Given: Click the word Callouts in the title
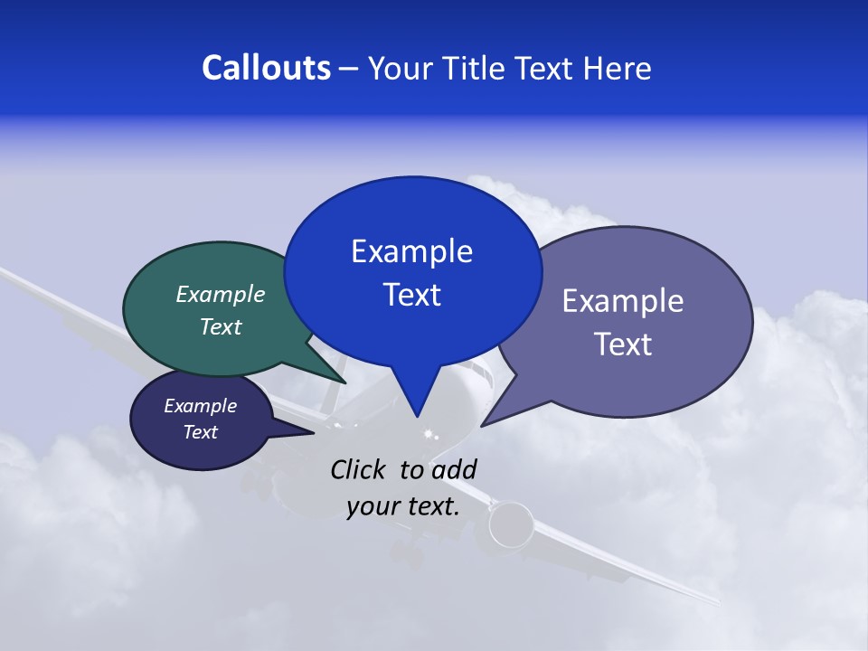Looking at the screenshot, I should pyautogui.click(x=267, y=68).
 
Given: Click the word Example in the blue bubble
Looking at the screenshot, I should pyautogui.click(x=411, y=251).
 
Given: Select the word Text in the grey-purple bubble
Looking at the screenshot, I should pyautogui.click(x=623, y=344).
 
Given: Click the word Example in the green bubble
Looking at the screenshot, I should pyautogui.click(x=221, y=295).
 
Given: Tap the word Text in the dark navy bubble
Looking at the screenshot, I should pyautogui.click(x=201, y=432).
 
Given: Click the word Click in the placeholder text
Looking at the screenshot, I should pyautogui.click(x=361, y=469).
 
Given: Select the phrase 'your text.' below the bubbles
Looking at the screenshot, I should pyautogui.click(x=403, y=506).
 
